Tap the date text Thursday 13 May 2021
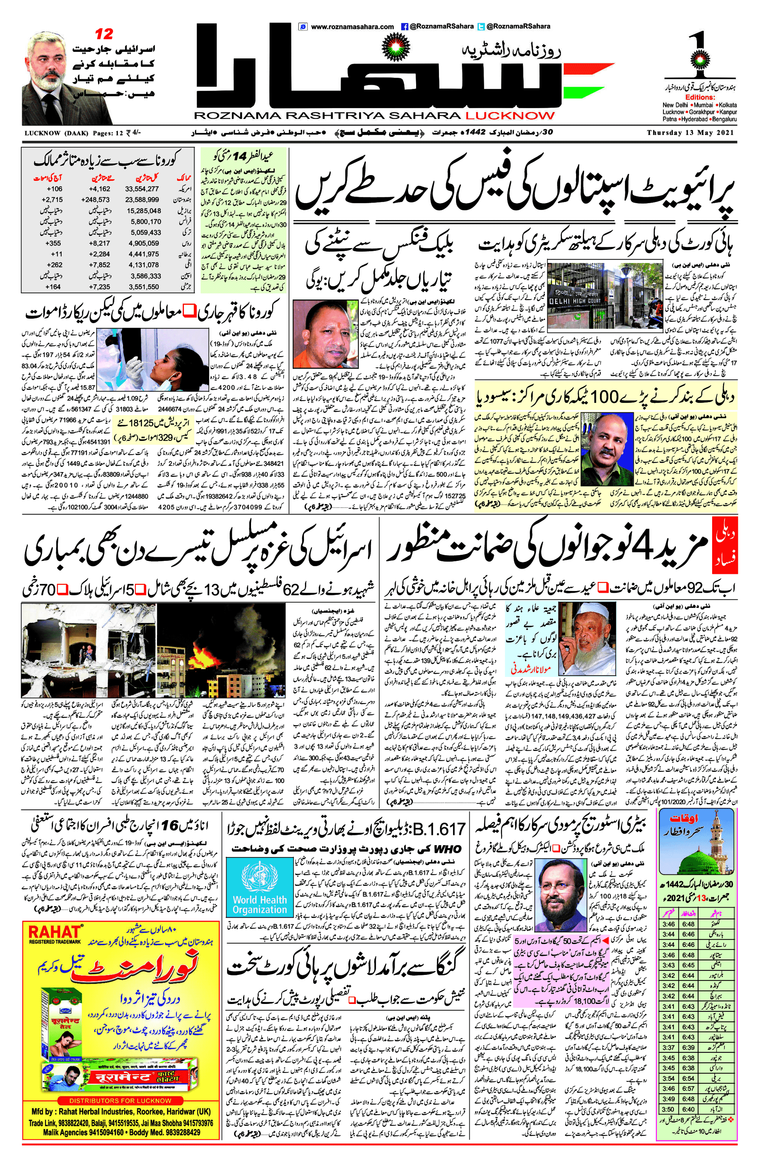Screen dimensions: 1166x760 [690, 133]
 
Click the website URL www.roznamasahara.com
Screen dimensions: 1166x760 [352, 27]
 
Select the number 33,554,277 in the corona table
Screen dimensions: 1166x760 [142, 189]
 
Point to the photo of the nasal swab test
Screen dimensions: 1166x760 [152, 360]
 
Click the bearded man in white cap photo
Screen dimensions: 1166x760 [587, 639]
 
